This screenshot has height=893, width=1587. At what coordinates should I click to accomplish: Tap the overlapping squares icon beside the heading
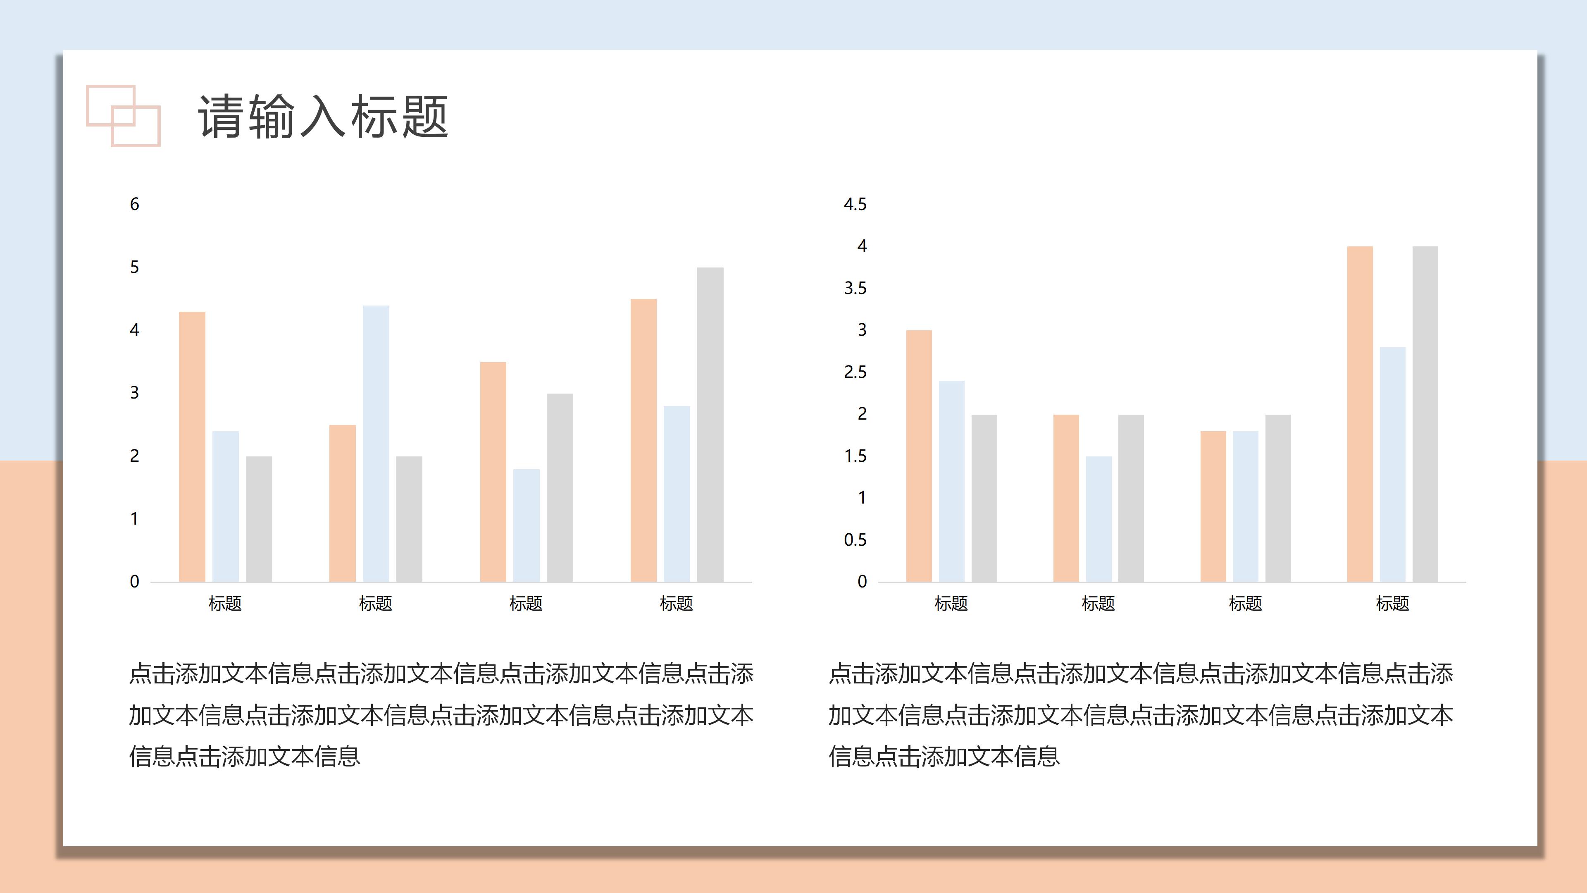(123, 116)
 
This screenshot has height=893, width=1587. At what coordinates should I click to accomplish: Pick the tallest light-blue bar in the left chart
(376, 443)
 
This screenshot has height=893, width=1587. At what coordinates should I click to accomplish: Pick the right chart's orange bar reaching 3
(919, 456)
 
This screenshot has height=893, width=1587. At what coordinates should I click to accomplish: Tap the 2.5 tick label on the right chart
(855, 372)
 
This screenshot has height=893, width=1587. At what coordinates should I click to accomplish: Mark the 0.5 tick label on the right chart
(855, 540)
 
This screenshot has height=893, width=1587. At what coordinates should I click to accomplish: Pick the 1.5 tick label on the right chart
(855, 456)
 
